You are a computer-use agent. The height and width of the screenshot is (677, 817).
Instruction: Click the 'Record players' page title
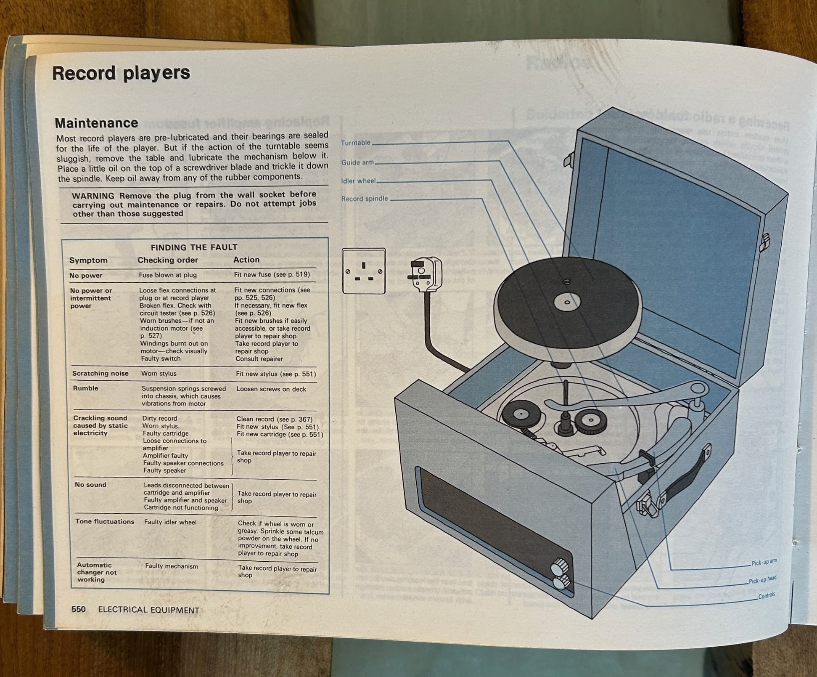121,73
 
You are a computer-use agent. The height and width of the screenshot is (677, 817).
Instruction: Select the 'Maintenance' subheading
96,123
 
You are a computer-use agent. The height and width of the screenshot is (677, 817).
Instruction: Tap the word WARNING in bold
93,196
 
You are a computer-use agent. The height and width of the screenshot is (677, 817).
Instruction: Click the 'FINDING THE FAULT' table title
194,247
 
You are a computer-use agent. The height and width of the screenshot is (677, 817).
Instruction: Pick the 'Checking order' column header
167,260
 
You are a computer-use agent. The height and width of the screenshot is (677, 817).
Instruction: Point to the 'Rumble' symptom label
85,388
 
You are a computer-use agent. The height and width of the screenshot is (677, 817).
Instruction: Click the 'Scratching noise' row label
100,373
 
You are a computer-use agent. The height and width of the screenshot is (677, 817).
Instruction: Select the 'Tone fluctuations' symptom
105,521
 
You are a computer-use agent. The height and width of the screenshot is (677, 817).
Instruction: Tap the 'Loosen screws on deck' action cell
271,389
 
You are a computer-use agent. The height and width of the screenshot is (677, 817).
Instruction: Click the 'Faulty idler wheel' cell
170,522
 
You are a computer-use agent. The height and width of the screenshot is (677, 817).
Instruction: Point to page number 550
78,609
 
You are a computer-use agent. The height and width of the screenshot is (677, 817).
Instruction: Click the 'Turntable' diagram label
355,143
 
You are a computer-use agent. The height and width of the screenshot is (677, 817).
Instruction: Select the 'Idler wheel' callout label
358,181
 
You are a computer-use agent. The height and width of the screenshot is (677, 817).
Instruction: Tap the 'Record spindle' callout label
364,199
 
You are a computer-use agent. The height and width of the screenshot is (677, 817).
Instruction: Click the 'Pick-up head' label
762,580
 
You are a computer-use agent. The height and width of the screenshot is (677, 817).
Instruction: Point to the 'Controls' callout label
766,596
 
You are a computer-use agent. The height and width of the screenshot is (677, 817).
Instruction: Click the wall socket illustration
363,271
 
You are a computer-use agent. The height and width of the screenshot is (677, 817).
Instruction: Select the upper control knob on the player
560,567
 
